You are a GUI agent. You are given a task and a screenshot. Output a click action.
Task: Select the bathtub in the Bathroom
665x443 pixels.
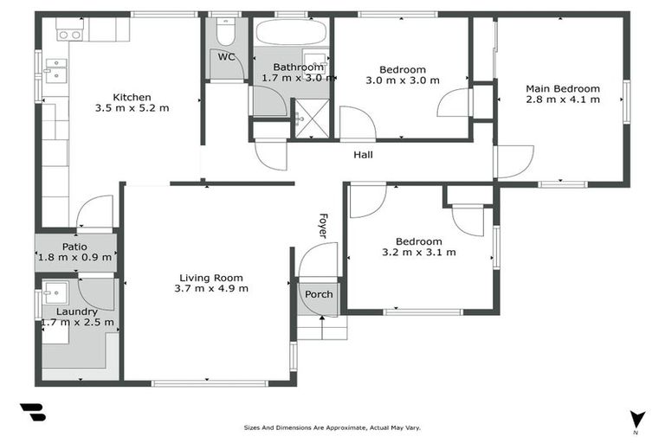(x=290, y=35)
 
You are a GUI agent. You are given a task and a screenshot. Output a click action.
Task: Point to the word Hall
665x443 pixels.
(x=364, y=156)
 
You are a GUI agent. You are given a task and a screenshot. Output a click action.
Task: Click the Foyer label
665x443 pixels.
(x=323, y=226)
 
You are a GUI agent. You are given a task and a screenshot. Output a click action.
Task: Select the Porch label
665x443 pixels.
(x=319, y=294)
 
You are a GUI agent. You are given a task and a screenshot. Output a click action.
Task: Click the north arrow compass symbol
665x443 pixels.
(x=637, y=419)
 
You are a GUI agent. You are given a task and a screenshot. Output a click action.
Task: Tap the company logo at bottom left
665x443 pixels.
(x=32, y=413)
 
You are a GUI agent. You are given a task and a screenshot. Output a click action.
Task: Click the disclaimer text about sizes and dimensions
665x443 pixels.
(x=332, y=427)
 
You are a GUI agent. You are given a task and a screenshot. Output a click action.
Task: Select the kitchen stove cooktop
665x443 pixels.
(x=69, y=35)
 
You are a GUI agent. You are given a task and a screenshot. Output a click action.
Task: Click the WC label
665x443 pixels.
(x=226, y=57)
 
